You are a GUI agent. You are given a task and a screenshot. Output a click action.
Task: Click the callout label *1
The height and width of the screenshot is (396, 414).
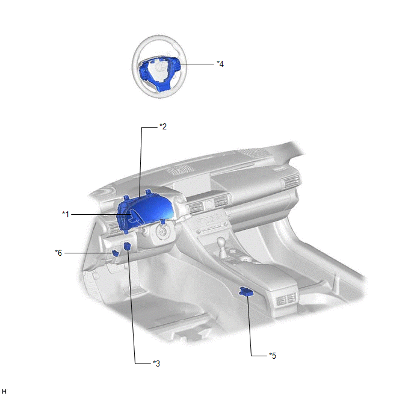(x=66, y=214)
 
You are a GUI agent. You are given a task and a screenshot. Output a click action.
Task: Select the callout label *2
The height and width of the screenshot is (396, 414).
(x=163, y=127)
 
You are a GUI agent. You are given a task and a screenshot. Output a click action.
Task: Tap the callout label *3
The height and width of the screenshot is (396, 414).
(x=156, y=364)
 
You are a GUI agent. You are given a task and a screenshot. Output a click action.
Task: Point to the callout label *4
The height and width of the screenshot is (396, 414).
(x=220, y=64)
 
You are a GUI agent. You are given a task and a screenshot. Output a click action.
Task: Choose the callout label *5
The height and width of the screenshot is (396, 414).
(x=273, y=356)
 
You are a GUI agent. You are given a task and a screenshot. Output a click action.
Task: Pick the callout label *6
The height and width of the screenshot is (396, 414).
(x=58, y=253)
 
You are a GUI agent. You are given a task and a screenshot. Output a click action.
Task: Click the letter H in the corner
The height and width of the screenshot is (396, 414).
(x=4, y=392)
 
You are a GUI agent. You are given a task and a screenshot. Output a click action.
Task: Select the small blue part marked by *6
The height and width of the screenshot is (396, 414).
(x=116, y=253)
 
